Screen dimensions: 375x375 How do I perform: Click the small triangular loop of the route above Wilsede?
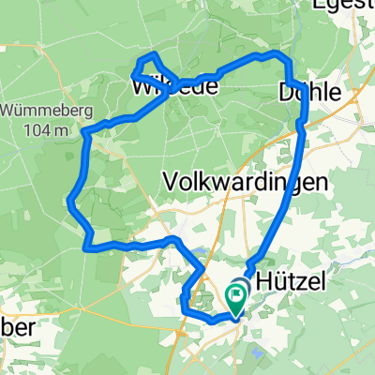[x=147, y=66]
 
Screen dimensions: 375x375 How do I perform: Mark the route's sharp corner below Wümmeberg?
[x=85, y=133]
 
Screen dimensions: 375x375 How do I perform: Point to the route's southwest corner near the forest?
[x=86, y=247]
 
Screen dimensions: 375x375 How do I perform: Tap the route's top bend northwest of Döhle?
[x=278, y=55]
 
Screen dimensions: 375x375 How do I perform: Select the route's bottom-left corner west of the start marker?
[x=183, y=304]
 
